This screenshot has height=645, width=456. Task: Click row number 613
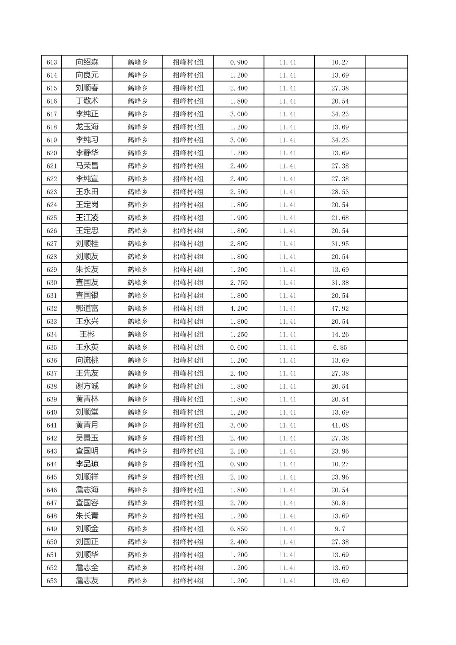[51, 62]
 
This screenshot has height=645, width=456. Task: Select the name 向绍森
[87, 62]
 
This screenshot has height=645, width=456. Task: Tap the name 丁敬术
[87, 101]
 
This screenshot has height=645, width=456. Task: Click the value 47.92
[340, 308]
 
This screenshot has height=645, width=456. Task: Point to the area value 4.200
[239, 308]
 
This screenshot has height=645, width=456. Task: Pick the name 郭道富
[87, 308]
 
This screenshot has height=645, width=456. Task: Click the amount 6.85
[340, 348]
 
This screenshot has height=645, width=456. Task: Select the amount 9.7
[340, 529]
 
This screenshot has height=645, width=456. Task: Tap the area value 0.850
[239, 529]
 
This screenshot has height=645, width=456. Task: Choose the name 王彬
[87, 334]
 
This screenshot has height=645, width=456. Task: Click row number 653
[51, 581]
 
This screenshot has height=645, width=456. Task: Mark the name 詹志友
[87, 580]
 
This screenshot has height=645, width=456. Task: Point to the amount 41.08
[340, 425]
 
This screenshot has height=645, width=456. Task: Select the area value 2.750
[239, 283]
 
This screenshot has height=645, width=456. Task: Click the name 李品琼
[87, 464]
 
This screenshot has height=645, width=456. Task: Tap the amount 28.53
[340, 192]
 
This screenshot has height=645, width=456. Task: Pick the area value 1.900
[239, 218]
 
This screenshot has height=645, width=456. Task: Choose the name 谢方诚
[87, 386]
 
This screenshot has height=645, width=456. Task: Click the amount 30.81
[340, 503]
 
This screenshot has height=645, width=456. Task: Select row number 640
[51, 412]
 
